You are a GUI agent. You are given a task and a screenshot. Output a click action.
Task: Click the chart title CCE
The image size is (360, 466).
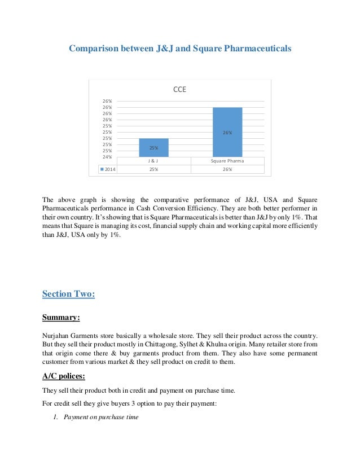pos(179,89)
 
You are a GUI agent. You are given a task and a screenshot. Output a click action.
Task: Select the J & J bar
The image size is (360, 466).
pos(153,147)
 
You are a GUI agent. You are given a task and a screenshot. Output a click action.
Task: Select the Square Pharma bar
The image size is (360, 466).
pos(227,132)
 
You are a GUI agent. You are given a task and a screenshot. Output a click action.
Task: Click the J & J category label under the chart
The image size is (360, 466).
pos(153,161)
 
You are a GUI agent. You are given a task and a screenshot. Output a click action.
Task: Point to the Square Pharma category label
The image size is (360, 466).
pos(227,161)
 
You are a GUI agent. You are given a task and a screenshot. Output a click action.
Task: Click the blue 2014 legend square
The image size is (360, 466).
pos(101,169)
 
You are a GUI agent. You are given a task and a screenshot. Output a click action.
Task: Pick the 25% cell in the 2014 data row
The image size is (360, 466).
pos(153,169)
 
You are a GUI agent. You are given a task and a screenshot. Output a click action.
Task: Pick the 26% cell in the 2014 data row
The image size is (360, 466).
pos(227,169)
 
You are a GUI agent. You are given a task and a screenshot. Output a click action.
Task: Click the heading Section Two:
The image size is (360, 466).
pos(68,293)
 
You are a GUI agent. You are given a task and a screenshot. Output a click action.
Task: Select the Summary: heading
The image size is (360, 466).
pos(62,318)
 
